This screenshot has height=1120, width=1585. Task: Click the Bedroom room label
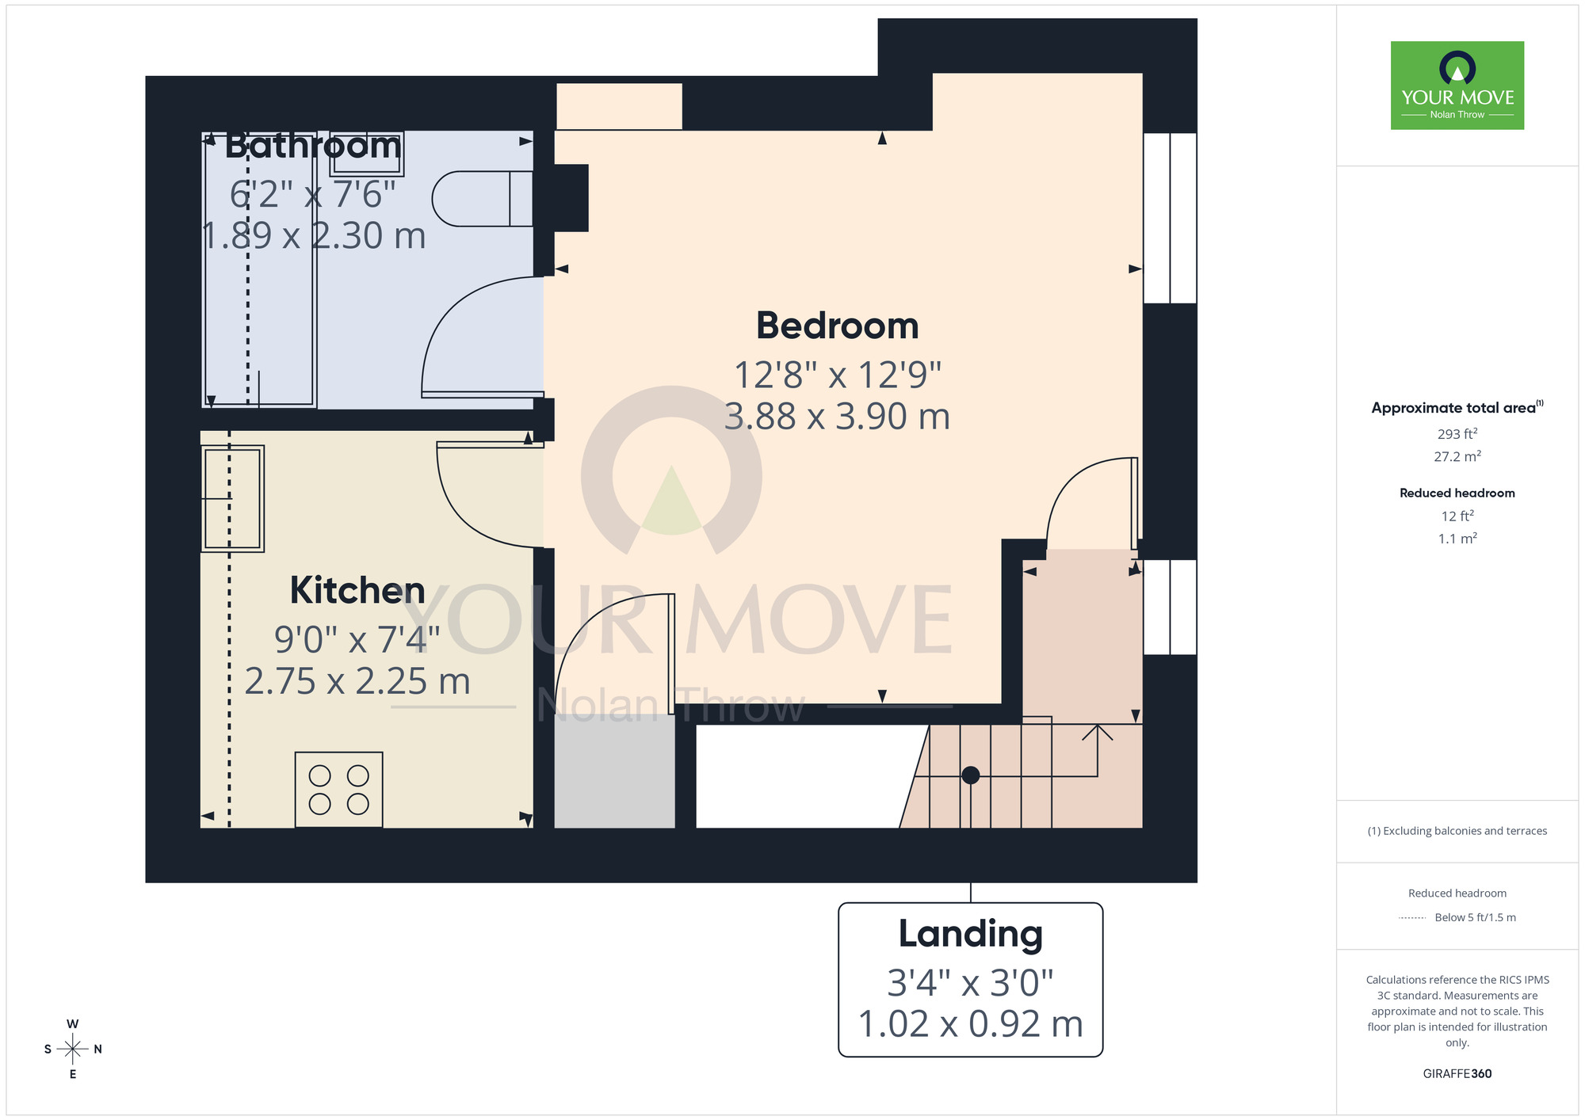837,326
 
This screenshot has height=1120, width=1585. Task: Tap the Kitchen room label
357,590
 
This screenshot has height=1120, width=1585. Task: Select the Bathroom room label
312,146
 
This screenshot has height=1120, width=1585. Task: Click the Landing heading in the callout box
970,934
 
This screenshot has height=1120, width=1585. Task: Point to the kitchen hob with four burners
338,790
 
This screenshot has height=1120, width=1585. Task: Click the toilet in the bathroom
480,199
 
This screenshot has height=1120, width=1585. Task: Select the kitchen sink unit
232,498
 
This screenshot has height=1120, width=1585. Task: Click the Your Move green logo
1457,86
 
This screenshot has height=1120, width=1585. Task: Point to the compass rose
73,1050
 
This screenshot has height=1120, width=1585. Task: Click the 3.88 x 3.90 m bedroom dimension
837,417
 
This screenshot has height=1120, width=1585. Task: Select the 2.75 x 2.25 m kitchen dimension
357,681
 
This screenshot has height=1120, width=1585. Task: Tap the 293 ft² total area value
1457,434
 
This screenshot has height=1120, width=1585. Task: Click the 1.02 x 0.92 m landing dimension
970,1024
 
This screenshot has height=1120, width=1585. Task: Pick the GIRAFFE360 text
1457,1074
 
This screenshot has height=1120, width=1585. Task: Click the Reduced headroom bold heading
1457,493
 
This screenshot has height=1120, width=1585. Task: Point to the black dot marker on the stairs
970,775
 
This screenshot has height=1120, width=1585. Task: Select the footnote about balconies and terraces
1457,831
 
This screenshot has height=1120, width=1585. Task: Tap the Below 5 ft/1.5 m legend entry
1474,917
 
